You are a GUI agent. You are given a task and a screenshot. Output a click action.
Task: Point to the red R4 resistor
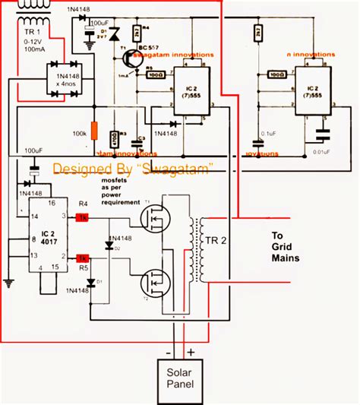click(82, 218)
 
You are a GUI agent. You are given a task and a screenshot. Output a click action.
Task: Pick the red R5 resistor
click(82, 258)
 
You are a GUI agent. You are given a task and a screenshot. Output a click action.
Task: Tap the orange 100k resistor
click(95, 131)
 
